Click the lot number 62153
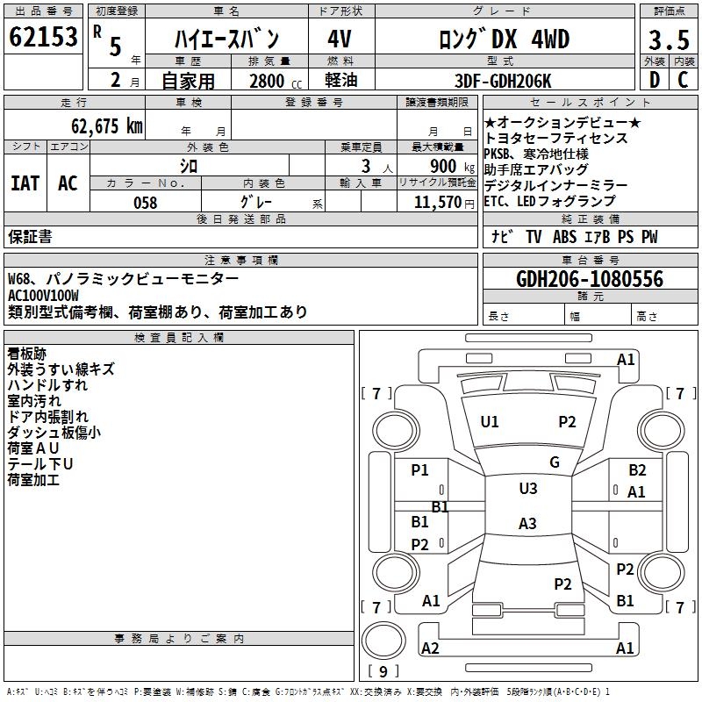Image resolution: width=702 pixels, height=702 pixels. (43, 37)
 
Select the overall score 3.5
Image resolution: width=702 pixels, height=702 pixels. (668, 40)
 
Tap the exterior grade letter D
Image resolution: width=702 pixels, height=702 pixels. (654, 80)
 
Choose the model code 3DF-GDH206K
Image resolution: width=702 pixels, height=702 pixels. (504, 81)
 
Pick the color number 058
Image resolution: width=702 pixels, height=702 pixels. (145, 203)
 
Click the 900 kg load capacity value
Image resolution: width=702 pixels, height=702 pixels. (443, 166)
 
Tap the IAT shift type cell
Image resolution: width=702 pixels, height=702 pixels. (25, 183)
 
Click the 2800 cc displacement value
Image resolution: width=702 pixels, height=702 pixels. (266, 81)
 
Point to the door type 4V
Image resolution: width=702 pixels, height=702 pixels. (340, 39)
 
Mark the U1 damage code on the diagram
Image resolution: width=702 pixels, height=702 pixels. (490, 422)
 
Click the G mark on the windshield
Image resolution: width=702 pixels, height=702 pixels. (554, 462)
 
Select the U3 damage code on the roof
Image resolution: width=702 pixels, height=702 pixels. (527, 489)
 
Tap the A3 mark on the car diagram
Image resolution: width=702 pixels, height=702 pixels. (526, 524)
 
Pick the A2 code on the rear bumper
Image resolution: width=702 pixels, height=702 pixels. (430, 648)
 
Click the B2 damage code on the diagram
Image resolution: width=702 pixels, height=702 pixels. (637, 471)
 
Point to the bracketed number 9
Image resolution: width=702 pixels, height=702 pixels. (383, 671)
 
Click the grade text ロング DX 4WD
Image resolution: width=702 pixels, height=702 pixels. (504, 39)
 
